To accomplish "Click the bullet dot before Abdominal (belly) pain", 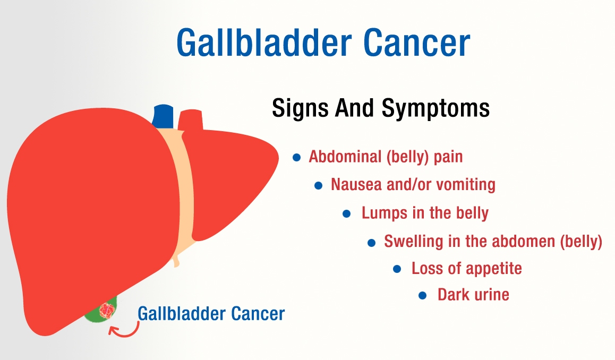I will click(297, 158).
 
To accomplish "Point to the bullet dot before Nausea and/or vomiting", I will click(319, 185).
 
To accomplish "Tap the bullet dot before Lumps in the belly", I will click(347, 213).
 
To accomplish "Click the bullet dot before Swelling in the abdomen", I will click(372, 243).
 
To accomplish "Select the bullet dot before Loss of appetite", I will click(397, 269).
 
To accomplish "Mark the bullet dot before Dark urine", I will click(423, 295).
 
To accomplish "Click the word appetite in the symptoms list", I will click(494, 269).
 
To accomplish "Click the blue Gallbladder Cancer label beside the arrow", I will click(211, 314).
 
